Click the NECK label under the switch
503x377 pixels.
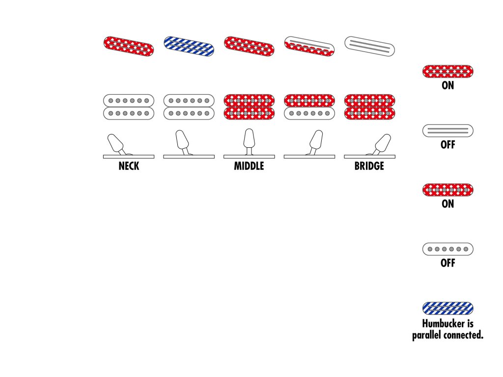(129, 166)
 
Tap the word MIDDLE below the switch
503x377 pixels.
(249, 166)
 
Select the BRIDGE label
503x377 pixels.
(369, 166)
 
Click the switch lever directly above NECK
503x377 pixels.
(116, 143)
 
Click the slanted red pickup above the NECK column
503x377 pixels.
(129, 46)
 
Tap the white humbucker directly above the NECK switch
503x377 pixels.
(129, 107)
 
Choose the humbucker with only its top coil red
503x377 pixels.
(309, 107)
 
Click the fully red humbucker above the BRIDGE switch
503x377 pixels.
(369, 107)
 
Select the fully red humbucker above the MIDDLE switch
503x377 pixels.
(249, 107)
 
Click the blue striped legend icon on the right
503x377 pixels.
(447, 308)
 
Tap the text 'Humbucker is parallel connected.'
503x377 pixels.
(447, 330)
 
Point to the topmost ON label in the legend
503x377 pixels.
(447, 85)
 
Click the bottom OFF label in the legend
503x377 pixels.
(447, 263)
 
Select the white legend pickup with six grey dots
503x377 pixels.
(447, 249)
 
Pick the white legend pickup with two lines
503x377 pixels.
(447, 131)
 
